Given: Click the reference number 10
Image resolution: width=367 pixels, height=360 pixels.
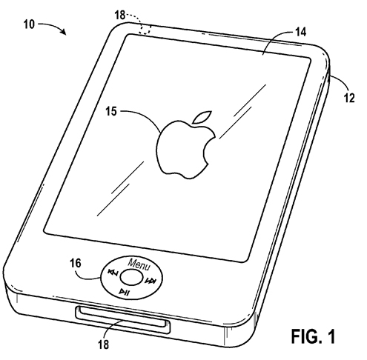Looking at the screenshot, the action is (29, 24).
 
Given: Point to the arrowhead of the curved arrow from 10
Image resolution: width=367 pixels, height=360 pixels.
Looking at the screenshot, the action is (64, 32).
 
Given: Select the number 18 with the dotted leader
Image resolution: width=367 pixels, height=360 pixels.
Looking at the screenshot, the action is (120, 15).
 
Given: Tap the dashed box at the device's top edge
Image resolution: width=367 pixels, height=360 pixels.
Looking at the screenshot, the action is (145, 30).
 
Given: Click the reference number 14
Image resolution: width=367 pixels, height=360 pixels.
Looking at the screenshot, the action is (300, 32).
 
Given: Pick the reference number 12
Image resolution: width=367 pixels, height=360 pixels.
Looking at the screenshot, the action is (349, 98).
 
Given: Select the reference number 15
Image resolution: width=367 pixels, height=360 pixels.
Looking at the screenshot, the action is (111, 111).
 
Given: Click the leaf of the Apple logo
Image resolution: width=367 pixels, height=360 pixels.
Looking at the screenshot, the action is (202, 117).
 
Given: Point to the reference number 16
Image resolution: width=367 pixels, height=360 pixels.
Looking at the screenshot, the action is (76, 263).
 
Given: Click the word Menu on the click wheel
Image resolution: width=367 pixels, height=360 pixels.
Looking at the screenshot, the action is (139, 264).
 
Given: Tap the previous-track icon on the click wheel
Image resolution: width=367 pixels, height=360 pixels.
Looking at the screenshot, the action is (113, 273).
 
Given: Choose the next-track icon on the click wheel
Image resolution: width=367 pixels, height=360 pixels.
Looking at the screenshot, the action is (151, 281).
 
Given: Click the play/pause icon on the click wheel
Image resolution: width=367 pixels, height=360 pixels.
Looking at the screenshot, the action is (124, 293).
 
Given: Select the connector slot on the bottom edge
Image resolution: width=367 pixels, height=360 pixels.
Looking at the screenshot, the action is (123, 318).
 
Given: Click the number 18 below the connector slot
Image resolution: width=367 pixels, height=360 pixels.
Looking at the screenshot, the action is (104, 344).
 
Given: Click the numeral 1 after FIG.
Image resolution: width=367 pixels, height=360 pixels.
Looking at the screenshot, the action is (331, 336).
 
